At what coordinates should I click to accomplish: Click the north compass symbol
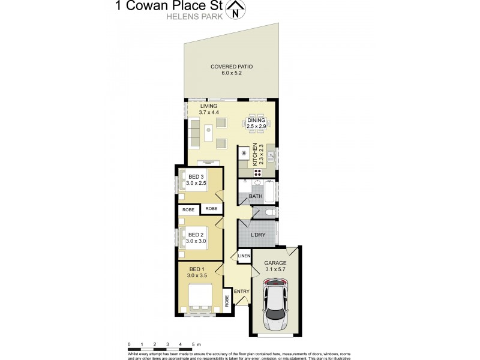point(239,10)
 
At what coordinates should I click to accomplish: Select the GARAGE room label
point(275,263)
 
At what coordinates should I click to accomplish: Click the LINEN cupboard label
point(244,256)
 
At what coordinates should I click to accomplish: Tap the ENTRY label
point(241,292)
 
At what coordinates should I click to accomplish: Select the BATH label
point(256,196)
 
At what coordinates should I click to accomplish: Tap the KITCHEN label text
point(255,155)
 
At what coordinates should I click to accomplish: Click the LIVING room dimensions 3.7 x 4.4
point(209,113)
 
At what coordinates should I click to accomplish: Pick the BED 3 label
point(196,176)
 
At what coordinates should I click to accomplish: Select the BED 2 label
point(196,234)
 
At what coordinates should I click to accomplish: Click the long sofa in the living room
point(194,133)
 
